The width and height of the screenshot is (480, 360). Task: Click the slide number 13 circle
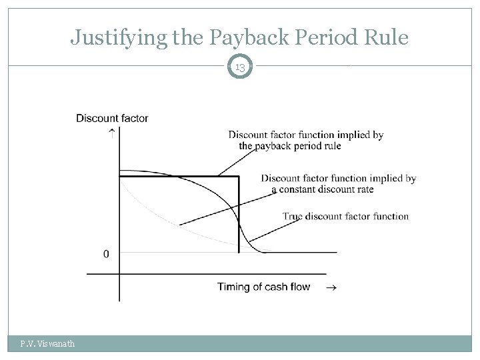coord(240,67)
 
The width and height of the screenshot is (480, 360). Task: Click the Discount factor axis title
coord(112,119)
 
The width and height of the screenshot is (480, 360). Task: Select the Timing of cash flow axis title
coord(263,287)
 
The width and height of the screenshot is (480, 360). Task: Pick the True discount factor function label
coord(345,216)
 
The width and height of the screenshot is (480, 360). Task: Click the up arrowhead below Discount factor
coord(111,131)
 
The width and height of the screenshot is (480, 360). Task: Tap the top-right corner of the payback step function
coord(238,176)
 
